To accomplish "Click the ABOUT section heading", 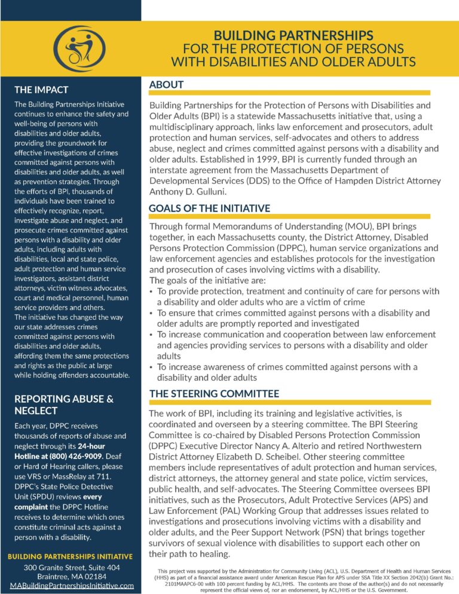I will (x=166, y=84).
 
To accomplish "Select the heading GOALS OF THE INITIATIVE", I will (x=209, y=208).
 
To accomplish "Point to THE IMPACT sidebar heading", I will (x=41, y=90).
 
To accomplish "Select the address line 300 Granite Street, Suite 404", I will (x=72, y=567).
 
